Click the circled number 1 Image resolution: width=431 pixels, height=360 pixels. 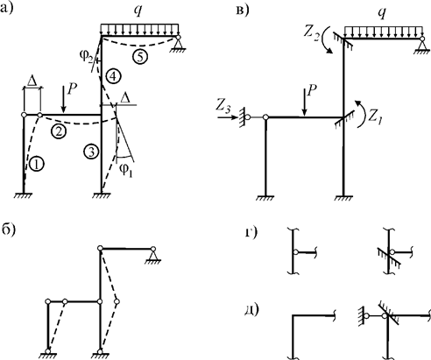[37, 165]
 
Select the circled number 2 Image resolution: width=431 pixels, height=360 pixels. [59, 131]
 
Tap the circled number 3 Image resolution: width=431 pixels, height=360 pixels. [91, 152]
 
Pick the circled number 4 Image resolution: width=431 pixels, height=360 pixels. [113, 76]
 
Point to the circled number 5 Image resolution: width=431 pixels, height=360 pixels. [140, 57]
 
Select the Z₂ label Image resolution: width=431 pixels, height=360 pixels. [311, 33]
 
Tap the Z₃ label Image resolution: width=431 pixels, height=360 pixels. [224, 107]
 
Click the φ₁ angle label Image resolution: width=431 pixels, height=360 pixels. [126, 170]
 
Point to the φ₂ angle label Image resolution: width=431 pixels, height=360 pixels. [87, 55]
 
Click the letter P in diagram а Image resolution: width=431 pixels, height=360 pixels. [72, 89]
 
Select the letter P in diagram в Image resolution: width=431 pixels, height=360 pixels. [312, 92]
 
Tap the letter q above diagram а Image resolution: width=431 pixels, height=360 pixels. [138, 11]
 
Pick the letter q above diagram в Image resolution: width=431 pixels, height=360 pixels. [382, 13]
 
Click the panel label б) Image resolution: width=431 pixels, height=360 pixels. [8, 229]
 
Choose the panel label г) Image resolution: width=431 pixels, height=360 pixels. [251, 233]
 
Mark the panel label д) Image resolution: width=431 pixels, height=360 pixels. [252, 310]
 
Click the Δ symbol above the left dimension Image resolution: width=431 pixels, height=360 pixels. [32, 81]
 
